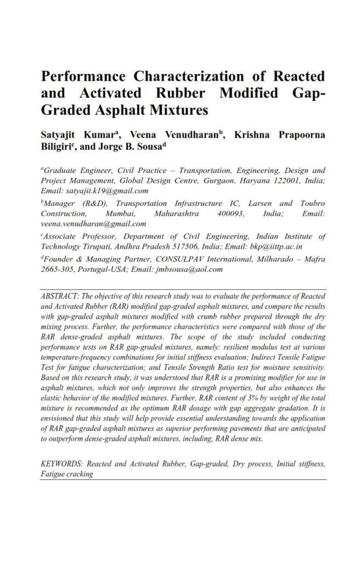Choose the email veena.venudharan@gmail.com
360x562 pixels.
click(x=93, y=223)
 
